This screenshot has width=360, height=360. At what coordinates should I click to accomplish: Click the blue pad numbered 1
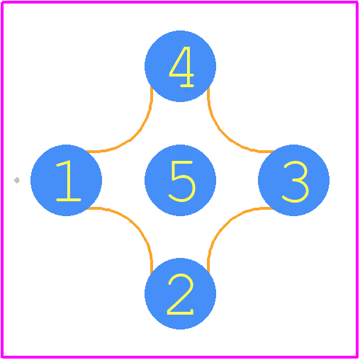(x=66, y=180)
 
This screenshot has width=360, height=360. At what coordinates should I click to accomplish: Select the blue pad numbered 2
(x=180, y=294)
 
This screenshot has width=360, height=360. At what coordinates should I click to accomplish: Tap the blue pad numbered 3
(x=294, y=180)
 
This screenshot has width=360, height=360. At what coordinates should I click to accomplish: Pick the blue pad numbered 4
(x=180, y=66)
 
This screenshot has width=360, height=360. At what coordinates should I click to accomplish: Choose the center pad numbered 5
(x=180, y=180)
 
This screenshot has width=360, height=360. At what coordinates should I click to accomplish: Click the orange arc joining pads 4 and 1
(x=131, y=140)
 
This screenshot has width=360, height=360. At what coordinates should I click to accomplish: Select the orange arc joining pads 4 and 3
(x=229, y=140)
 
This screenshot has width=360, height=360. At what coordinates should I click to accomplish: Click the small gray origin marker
(x=16, y=181)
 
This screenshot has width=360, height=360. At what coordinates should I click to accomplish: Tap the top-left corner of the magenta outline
(x=2, y=2)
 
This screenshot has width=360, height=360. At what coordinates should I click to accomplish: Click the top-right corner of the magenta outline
(x=357, y=2)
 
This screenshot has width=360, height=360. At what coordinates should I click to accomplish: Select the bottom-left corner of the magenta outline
(x=2, y=357)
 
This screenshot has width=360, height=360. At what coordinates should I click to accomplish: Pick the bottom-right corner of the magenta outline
(x=357, y=357)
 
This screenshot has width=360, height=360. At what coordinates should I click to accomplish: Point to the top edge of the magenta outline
(x=179, y=2)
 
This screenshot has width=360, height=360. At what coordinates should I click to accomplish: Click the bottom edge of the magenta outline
(x=179, y=357)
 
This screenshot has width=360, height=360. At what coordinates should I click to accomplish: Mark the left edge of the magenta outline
(x=2, y=179)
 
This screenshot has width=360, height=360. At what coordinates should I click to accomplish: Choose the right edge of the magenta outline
(x=357, y=179)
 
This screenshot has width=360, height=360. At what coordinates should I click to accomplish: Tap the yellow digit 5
(x=182, y=181)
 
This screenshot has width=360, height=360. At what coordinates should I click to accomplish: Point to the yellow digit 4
(x=181, y=67)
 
